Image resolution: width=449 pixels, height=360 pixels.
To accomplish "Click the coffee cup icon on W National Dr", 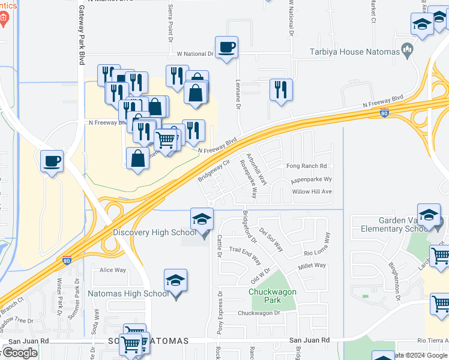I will click(x=226, y=47).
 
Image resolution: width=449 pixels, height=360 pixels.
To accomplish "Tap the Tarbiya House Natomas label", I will click(x=354, y=52).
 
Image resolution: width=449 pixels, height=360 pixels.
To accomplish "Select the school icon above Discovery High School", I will click(x=202, y=219).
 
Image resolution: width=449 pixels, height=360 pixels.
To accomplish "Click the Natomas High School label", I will click(x=128, y=294).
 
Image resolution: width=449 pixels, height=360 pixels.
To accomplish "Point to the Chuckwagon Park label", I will click(x=265, y=296).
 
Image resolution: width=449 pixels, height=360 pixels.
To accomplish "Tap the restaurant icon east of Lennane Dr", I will click(x=281, y=90).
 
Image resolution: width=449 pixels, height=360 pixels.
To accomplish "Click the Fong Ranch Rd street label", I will click(x=306, y=166).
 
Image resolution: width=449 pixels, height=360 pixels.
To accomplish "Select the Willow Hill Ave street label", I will click(x=312, y=192).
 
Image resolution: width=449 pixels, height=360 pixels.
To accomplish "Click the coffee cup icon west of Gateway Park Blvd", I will click(x=52, y=161).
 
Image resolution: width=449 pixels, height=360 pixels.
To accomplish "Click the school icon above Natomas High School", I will click(x=175, y=280).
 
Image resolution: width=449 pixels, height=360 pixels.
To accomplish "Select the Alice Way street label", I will click(x=113, y=271).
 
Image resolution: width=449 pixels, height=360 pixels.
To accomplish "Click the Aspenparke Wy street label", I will click(x=311, y=179).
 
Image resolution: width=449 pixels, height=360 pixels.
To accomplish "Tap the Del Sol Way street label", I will click(x=271, y=238).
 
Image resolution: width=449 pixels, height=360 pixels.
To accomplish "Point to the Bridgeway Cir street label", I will click(x=214, y=170).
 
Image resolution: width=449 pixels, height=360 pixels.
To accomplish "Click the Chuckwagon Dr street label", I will click(x=259, y=313).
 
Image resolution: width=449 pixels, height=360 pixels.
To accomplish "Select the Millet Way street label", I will click(x=312, y=266).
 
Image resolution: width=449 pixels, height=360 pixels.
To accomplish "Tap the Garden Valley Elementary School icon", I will click(x=429, y=216).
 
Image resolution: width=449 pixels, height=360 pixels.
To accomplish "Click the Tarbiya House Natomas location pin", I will click(x=408, y=50).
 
